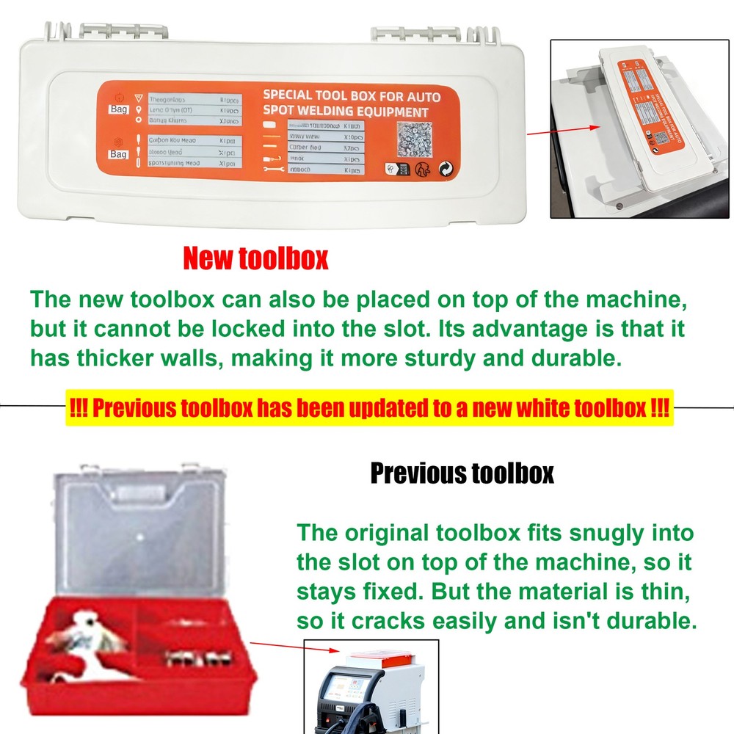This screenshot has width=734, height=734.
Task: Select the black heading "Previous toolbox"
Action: click(x=461, y=473)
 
